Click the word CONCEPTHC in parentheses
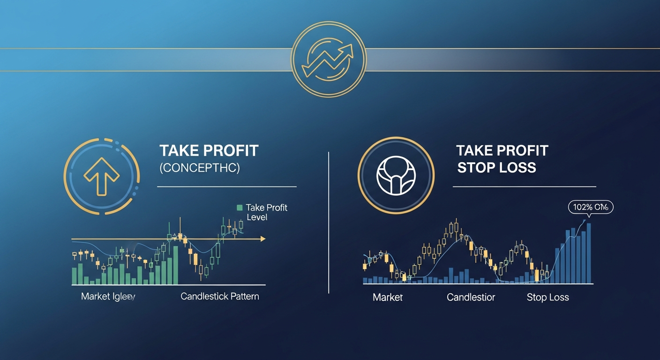200,168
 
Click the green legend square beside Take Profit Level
240,208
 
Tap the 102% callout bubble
590,207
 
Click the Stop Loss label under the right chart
547,298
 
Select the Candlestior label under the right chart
471,298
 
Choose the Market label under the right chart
388,298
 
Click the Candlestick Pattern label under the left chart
219,297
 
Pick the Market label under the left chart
108,297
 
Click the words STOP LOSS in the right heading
496,167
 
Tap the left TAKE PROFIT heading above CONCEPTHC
209,151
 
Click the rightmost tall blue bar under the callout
589,253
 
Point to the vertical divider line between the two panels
329,223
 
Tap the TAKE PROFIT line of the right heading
502,150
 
